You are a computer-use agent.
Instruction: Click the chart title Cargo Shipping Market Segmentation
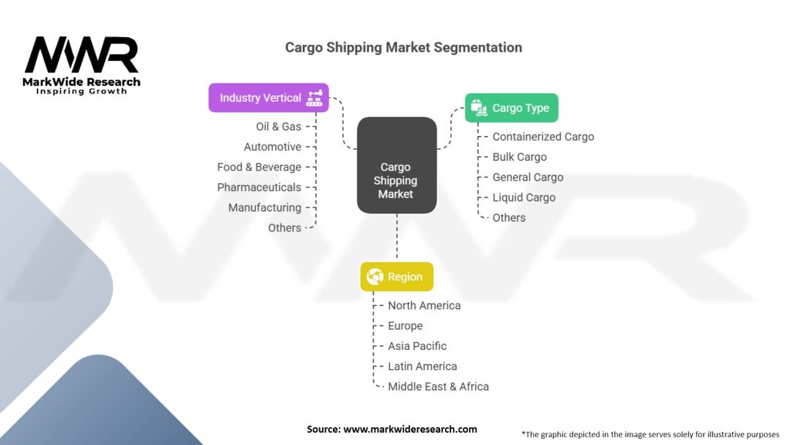tap(403, 47)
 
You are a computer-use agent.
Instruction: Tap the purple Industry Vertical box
tap(268, 98)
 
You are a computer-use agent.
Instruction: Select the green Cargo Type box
tap(511, 108)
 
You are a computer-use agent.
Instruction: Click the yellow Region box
tap(396, 277)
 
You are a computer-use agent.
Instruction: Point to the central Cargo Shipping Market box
tap(396, 180)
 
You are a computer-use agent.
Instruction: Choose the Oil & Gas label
tap(278, 126)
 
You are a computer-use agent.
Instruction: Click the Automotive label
tap(272, 147)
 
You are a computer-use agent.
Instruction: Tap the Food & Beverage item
tap(259, 167)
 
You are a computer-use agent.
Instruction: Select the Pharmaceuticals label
tap(259, 187)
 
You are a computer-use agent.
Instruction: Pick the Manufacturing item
tap(264, 207)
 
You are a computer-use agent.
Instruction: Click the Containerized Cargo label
tap(543, 137)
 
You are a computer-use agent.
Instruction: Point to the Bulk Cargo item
tap(519, 157)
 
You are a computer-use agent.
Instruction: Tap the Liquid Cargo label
tap(524, 197)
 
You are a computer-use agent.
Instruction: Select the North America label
tap(424, 305)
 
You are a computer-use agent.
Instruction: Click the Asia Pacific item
tap(417, 346)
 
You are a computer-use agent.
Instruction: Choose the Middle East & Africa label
tap(438, 386)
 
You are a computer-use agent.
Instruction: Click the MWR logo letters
tap(81, 56)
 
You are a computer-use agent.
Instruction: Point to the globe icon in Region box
tap(375, 277)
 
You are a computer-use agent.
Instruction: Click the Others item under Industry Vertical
tap(284, 228)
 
